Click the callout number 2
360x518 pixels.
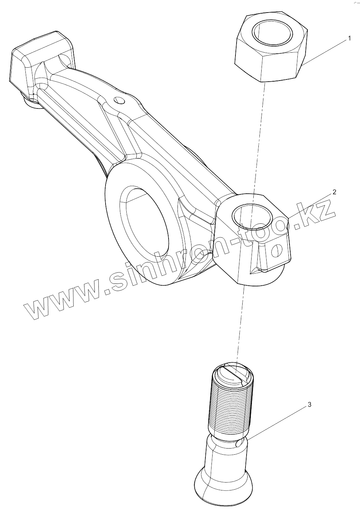pos(334,192)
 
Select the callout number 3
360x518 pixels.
pos(310,405)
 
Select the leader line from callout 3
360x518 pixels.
pos(276,422)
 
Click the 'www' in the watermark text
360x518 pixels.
pos(61,297)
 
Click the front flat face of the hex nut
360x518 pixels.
pos(279,68)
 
